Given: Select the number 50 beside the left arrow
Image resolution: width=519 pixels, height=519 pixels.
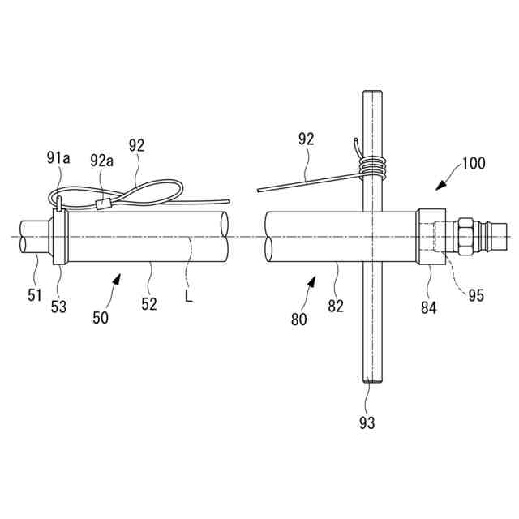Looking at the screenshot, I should pyautogui.click(x=100, y=318).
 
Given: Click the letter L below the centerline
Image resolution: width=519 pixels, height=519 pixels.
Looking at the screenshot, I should pyautogui.click(x=188, y=298).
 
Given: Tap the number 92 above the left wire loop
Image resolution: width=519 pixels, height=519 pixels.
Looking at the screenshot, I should pyautogui.click(x=137, y=146).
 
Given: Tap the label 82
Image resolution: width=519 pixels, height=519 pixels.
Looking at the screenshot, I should pyautogui.click(x=336, y=306).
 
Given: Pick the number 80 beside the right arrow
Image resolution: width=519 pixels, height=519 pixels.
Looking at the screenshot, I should pyautogui.click(x=299, y=319).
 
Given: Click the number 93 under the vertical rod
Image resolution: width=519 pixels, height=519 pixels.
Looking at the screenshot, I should pyautogui.click(x=367, y=422).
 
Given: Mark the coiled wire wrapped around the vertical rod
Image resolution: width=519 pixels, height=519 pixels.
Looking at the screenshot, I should pyautogui.click(x=374, y=167).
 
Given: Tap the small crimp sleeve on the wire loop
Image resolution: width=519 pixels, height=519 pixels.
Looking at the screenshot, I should pyautogui.click(x=102, y=205).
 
